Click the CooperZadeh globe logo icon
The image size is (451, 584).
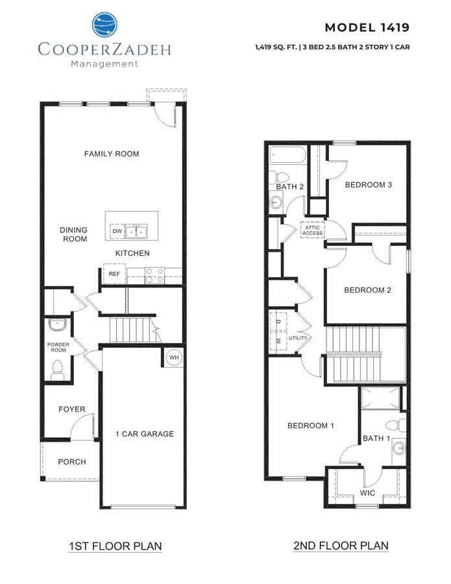coord(104,25)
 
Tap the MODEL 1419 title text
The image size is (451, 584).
coord(367,27)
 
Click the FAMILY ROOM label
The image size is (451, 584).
coord(112,154)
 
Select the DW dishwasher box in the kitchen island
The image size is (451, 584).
coord(117,231)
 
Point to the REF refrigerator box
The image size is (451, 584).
coord(114,274)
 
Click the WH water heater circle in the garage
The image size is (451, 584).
coord(174,358)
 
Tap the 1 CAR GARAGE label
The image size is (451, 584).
coord(145,433)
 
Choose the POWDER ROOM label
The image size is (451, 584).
coord(58,348)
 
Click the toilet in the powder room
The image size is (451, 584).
coord(57,370)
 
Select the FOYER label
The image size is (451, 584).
coord(72,409)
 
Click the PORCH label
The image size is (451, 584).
coord(72,462)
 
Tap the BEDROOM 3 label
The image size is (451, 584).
coord(368,185)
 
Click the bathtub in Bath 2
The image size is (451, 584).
coord(286,156)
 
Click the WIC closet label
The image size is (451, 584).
coord(367,493)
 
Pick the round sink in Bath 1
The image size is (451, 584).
coord(398,448)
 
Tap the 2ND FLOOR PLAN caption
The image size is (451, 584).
coord(341,546)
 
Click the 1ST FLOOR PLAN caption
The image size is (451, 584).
coord(116,546)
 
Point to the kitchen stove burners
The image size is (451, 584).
coord(154,275)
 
